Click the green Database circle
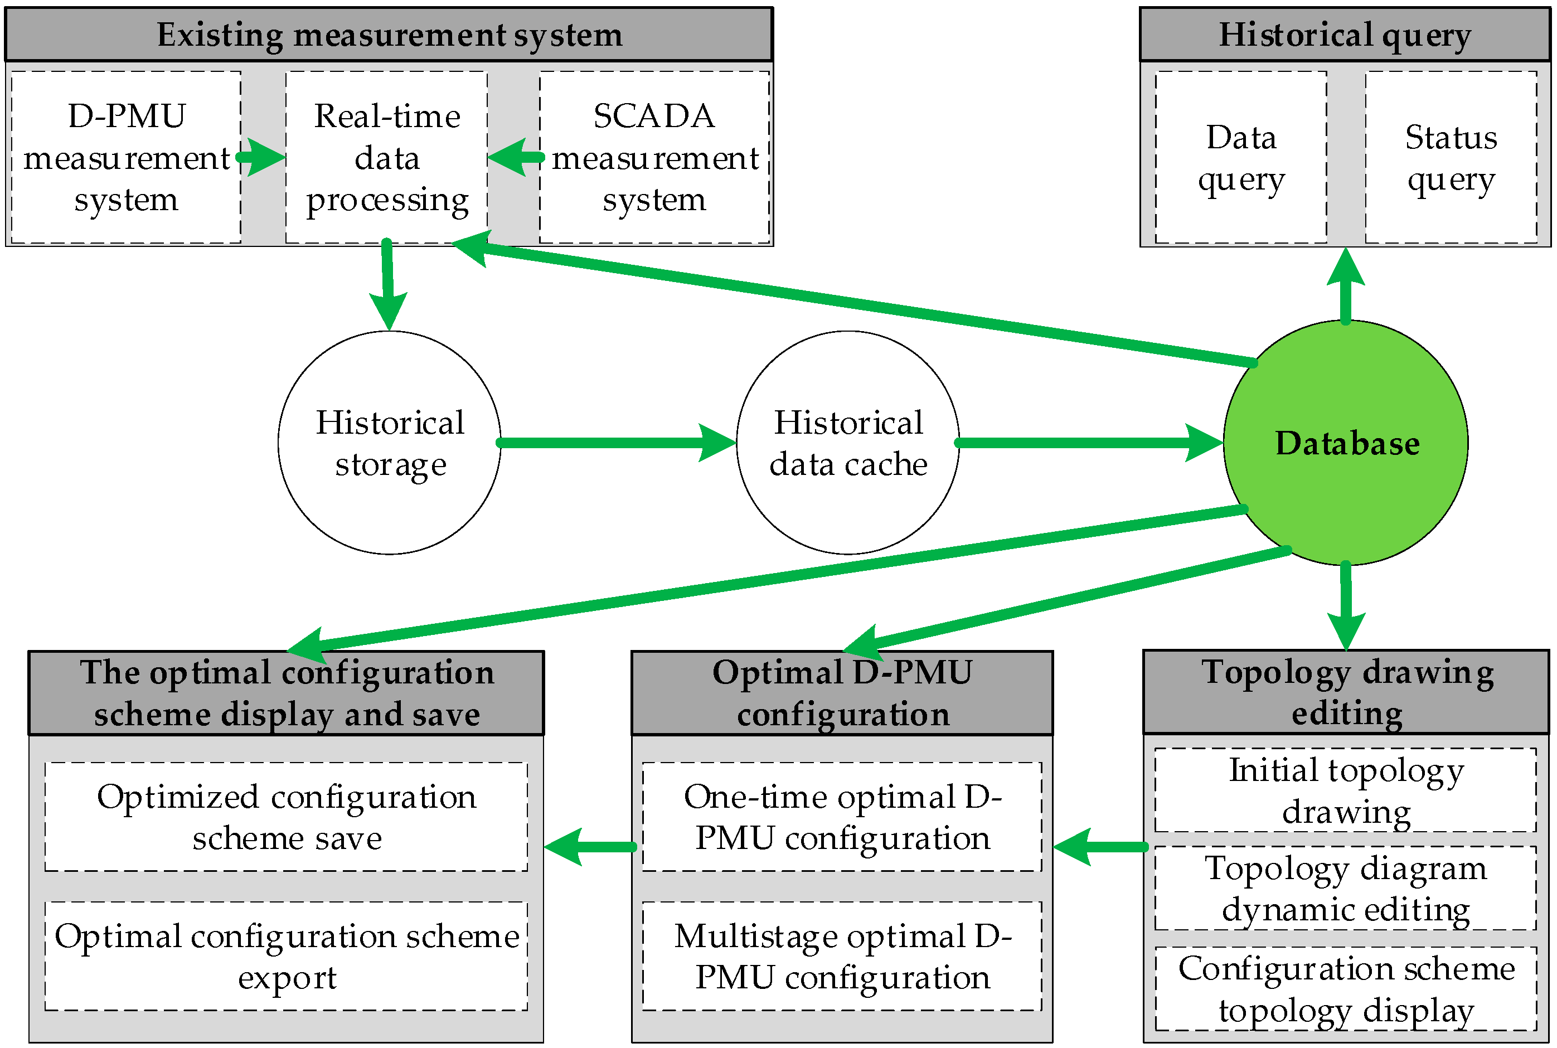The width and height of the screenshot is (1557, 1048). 1345,443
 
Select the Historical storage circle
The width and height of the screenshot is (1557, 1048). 390,443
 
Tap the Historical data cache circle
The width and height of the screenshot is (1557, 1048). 847,443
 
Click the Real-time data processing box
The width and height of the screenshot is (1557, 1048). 386,158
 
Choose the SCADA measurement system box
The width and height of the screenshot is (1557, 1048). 654,158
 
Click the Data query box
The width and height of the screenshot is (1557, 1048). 1240,158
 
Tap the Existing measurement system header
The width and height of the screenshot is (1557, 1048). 389,35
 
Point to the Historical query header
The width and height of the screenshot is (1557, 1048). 1345,35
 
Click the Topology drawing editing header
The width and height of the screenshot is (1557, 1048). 1345,692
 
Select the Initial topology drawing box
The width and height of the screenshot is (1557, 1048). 1345,790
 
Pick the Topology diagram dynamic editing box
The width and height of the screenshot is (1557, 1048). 1345,888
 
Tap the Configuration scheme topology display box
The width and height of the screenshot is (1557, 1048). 1345,988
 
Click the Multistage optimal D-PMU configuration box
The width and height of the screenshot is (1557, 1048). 842,956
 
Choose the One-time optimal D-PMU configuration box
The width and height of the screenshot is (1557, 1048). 842,817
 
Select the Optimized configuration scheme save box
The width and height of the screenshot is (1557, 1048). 286,817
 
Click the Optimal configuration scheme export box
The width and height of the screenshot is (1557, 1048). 286,956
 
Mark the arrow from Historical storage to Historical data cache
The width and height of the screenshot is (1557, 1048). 615,443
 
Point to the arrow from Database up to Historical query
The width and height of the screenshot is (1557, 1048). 1345,288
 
